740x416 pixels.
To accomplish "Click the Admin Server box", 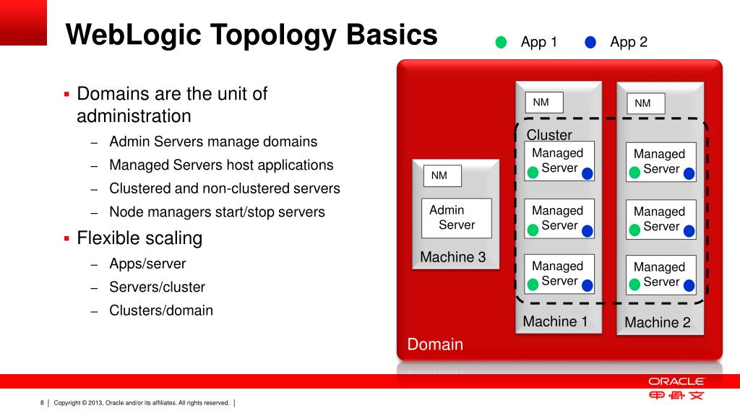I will (456, 218).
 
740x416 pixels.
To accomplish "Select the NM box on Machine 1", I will (543, 103).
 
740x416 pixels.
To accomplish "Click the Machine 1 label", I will (555, 321).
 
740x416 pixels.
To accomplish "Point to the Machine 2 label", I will (658, 322).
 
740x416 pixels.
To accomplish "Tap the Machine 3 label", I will (453, 257).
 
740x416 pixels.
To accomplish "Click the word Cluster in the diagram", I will (549, 135).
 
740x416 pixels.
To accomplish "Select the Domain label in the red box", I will (435, 344).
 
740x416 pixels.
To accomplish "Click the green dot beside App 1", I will (501, 43).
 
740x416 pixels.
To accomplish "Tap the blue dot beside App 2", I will (590, 43).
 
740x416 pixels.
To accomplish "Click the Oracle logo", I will (676, 381).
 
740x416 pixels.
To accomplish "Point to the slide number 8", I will (42, 402).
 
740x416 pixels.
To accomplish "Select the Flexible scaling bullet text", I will (139, 238).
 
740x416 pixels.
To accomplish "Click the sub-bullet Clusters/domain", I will (161, 311).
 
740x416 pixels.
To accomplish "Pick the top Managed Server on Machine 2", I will (660, 161).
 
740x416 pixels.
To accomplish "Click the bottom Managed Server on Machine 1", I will (559, 274).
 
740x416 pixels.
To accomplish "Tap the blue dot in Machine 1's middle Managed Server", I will (587, 230).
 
